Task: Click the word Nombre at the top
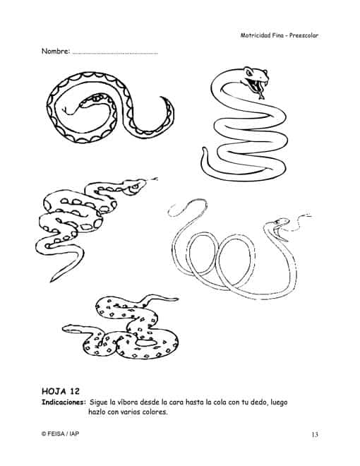pyautogui.click(x=55, y=51)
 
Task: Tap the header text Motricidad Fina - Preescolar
pyautogui.click(x=280, y=35)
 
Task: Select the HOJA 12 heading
pyautogui.click(x=61, y=391)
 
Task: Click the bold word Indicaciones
pyautogui.click(x=64, y=402)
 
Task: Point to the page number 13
pyautogui.click(x=315, y=434)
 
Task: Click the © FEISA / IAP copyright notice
pyautogui.click(x=60, y=434)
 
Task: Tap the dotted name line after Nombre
pyautogui.click(x=115, y=54)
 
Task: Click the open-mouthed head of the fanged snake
pyautogui.click(x=256, y=79)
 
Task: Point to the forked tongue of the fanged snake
pyautogui.click(x=260, y=95)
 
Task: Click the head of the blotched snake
pyautogui.click(x=134, y=186)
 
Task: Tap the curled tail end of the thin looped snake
pyautogui.click(x=172, y=212)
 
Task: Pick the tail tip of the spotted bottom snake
pyautogui.click(x=177, y=299)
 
